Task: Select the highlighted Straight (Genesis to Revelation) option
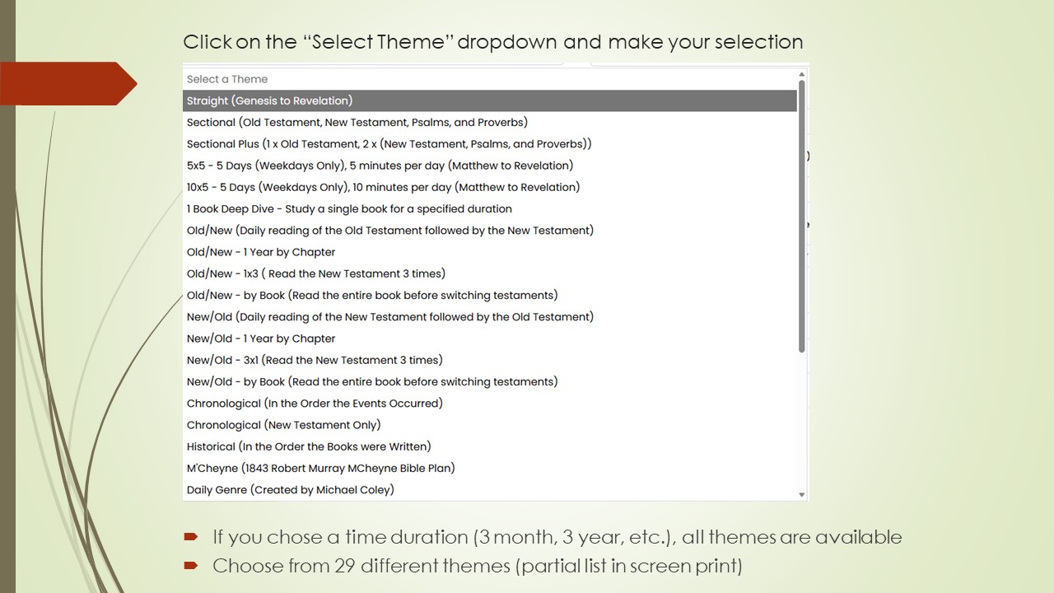coord(269,100)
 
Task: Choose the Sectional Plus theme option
coord(389,144)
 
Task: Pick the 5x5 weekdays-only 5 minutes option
coord(380,166)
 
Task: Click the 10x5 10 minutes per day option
coord(383,187)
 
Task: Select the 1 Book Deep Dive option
coord(349,209)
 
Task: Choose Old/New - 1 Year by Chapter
coord(261,252)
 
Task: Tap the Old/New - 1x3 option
coord(315,273)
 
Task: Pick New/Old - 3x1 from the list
coord(315,360)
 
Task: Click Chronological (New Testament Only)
coord(283,425)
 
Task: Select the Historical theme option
coord(309,446)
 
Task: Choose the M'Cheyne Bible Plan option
coord(320,468)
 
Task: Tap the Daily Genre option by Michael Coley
coord(290,490)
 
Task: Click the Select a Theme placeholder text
coord(227,79)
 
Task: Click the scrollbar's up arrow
coord(802,75)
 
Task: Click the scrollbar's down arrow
coord(802,495)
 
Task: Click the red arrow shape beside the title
coord(70,83)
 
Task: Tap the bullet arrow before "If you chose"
coord(191,537)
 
